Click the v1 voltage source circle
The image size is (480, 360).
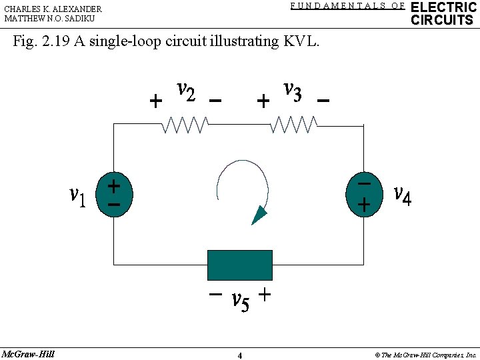tap(114, 194)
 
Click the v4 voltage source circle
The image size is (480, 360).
tap(363, 194)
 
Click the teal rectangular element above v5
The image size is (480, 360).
tap(240, 265)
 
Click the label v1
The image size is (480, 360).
tap(78, 196)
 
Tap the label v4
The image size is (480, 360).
tap(403, 195)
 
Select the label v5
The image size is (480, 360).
tap(240, 301)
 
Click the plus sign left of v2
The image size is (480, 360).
tap(155, 101)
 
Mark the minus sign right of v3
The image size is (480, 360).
tap(323, 101)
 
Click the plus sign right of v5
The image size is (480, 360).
tap(265, 294)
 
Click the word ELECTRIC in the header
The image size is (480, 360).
tap(443, 7)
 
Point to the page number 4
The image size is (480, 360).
tap(240, 355)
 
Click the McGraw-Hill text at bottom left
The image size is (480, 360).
tap(28, 353)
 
